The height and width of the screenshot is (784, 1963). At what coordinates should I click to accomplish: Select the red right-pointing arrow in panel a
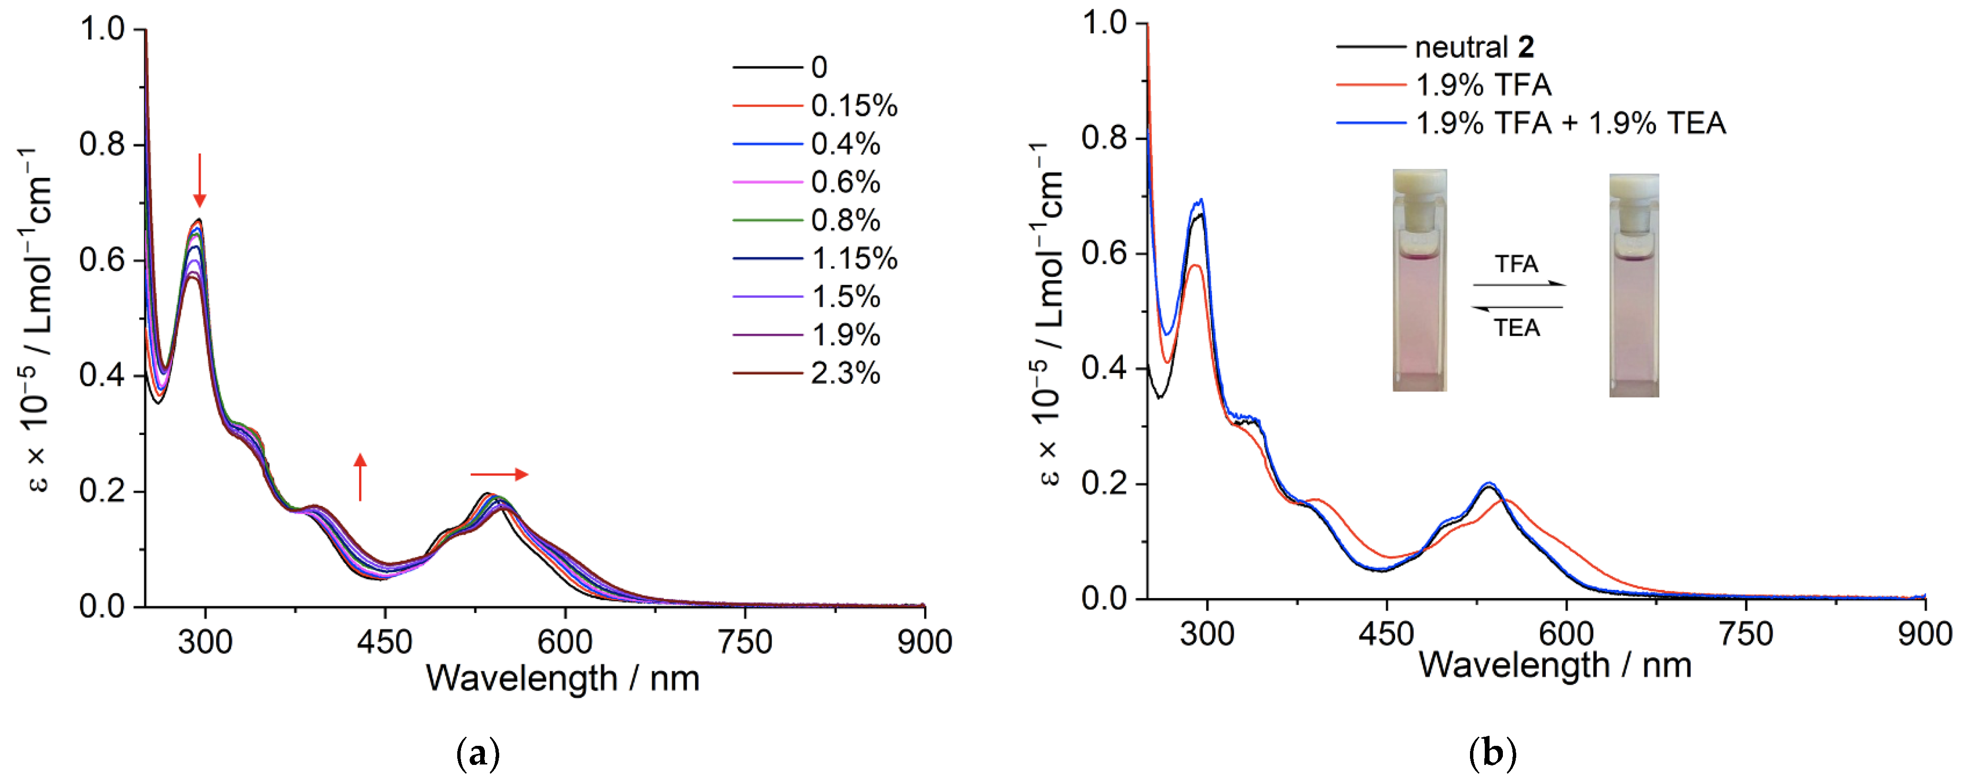point(499,475)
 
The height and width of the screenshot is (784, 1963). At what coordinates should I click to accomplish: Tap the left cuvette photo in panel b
point(1419,280)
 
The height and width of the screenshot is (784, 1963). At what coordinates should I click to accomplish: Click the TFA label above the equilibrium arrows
point(1516,264)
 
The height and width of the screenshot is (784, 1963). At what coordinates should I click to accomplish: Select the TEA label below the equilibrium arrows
point(1516,329)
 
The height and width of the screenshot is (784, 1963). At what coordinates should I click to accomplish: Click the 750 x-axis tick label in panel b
point(1746,634)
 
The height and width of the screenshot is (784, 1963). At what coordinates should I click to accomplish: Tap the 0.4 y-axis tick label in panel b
point(1104,368)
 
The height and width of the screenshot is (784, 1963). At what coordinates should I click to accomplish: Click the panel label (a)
point(478,754)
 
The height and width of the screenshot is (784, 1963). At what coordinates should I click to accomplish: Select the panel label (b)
point(1492,754)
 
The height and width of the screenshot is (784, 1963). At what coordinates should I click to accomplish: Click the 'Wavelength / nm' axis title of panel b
point(1554,666)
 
